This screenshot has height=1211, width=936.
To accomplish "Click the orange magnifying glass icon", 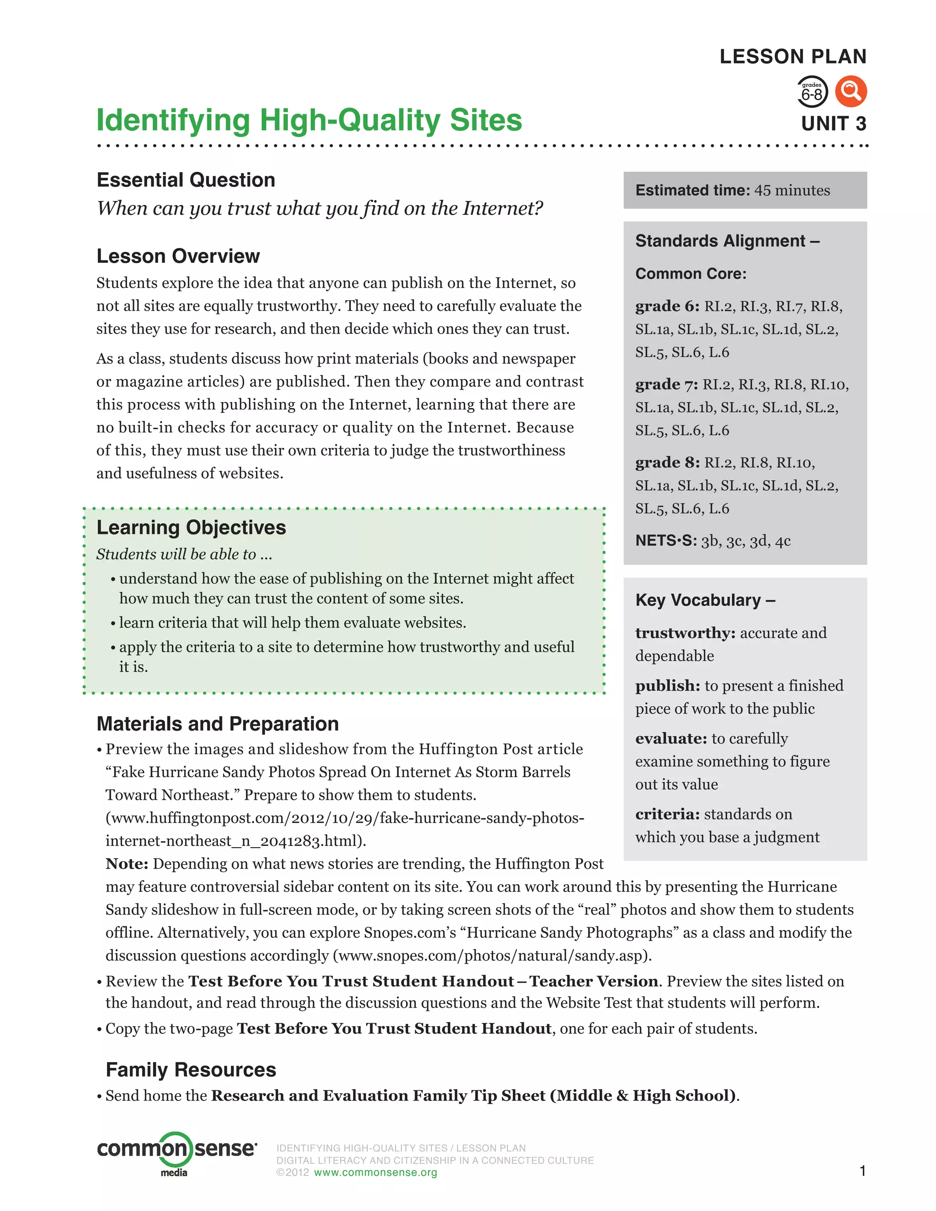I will [851, 91].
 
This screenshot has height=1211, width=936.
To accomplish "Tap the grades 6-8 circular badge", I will [812, 92].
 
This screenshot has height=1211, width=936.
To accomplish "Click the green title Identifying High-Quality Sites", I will [309, 120].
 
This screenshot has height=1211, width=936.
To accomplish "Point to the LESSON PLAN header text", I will [792, 57].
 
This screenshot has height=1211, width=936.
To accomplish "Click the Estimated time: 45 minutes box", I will [744, 190].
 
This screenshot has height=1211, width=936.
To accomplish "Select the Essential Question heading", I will [186, 180].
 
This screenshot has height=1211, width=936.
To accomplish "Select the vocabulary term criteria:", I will [668, 814].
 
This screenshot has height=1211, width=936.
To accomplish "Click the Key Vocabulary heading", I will [705, 600].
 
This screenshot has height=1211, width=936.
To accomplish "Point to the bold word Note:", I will [127, 864].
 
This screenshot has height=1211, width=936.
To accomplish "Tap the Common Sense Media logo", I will [176, 1153].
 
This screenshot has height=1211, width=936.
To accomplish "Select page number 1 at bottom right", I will [862, 1170].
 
